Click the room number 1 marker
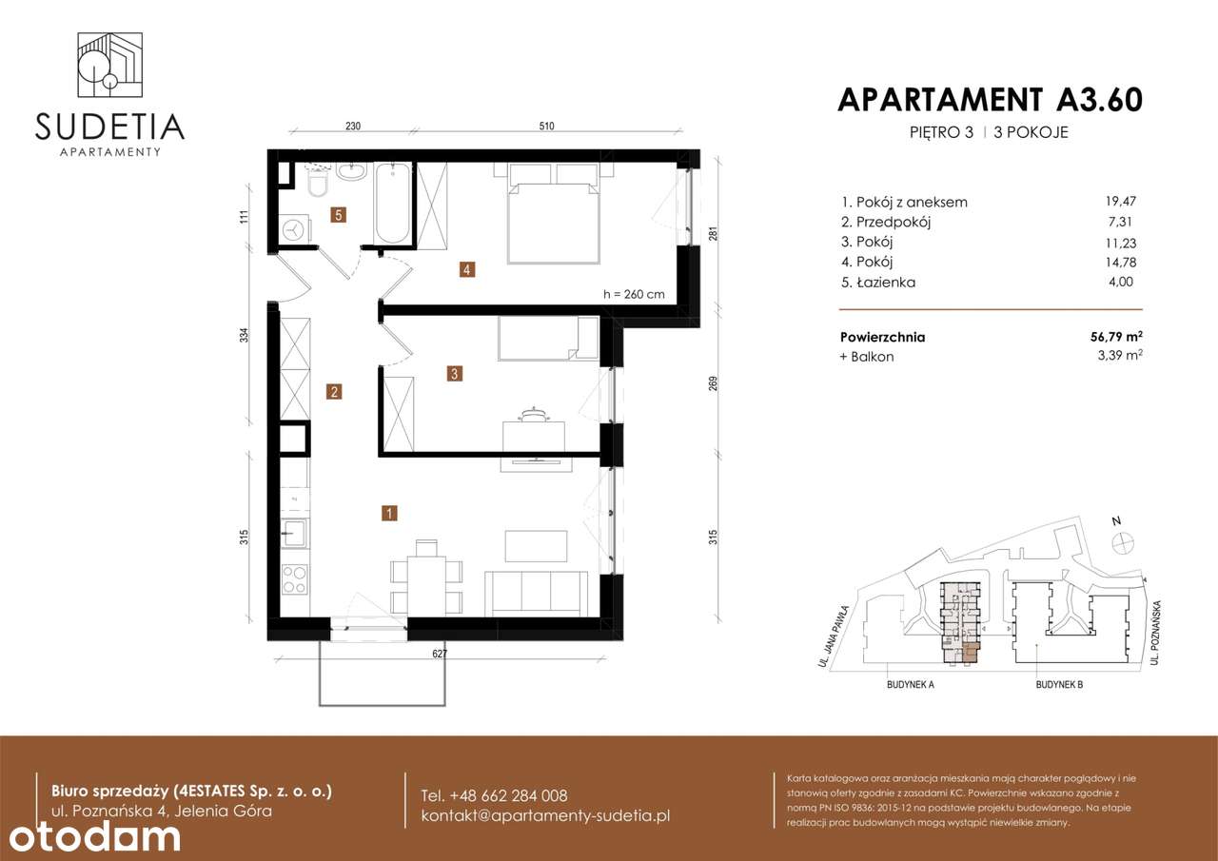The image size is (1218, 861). (389, 514)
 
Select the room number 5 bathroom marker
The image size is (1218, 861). (338, 215)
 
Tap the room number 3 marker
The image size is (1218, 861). (456, 374)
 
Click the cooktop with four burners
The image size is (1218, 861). (295, 579)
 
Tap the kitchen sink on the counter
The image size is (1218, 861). (294, 533)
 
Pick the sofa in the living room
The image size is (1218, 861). (537, 591)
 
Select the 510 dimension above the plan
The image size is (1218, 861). (546, 126)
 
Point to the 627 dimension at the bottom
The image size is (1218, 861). (439, 654)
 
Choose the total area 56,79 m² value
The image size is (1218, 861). (1115, 336)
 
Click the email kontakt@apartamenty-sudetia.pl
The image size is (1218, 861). (546, 816)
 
